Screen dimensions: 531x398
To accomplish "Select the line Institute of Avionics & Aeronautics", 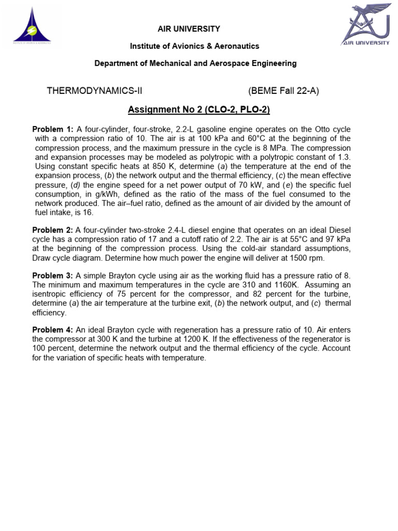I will (194, 46).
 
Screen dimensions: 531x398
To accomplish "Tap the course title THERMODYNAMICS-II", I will (94, 91).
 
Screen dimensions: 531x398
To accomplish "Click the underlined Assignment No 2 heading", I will (199, 110).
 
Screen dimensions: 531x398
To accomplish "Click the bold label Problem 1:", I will (53, 129).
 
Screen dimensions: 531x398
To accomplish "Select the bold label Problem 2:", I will (53, 230).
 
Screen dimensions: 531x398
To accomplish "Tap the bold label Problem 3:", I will (53, 275).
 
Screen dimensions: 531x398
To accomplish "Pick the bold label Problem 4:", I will (53, 330).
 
